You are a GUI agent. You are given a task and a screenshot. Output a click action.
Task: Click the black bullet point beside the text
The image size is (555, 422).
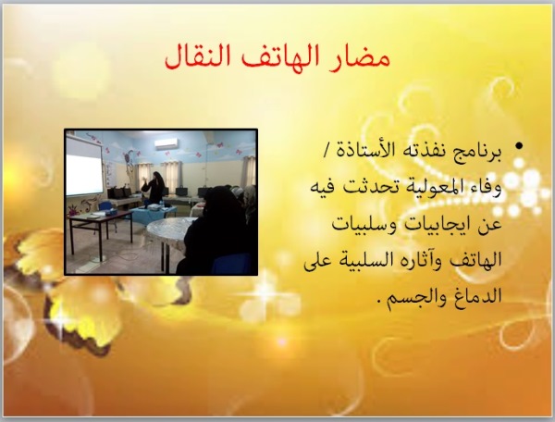pos(519,145)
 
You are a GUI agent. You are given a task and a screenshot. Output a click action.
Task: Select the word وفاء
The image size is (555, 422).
pos(488,189)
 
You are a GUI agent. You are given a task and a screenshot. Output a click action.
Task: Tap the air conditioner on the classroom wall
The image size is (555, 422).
pos(166,143)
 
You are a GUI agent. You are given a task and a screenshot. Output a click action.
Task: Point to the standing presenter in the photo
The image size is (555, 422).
pos(154,187)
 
